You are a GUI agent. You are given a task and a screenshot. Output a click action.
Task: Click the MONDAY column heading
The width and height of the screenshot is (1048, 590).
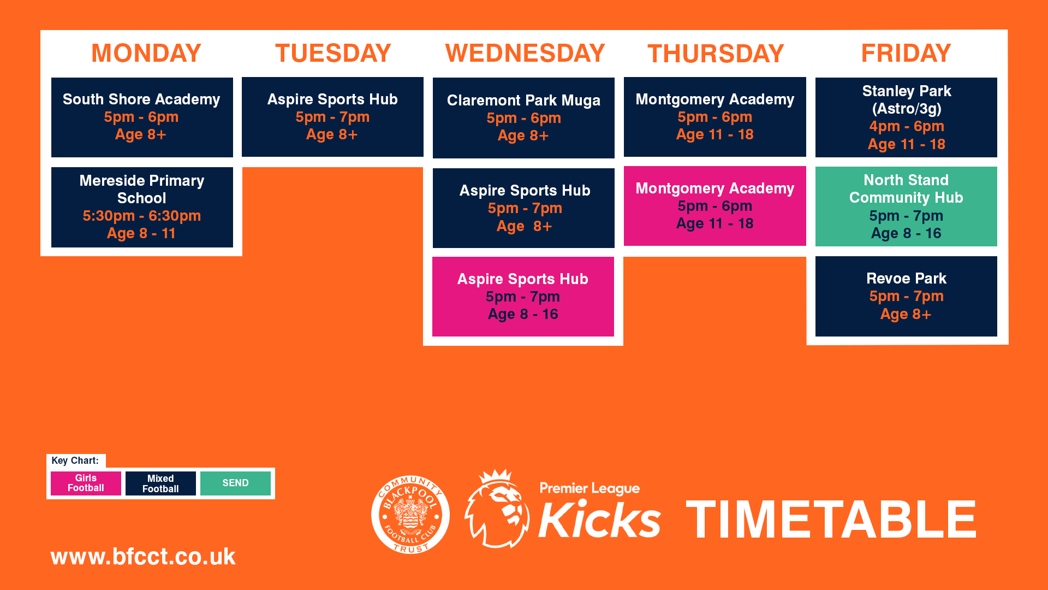(146, 53)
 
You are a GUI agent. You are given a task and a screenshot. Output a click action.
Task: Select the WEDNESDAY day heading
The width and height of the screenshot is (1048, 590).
(525, 53)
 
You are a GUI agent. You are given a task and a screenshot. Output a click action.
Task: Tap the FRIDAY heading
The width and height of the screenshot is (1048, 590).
(906, 53)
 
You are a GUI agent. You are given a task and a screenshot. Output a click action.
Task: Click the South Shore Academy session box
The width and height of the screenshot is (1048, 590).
(142, 117)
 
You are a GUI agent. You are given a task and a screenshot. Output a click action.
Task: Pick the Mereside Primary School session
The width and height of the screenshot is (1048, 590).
(142, 207)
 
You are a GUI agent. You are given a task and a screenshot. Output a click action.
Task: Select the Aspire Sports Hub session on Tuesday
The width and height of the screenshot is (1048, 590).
(332, 117)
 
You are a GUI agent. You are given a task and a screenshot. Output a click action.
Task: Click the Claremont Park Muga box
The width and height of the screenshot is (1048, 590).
(523, 117)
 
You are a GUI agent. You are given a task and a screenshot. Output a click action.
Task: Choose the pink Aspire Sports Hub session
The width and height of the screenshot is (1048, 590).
(523, 297)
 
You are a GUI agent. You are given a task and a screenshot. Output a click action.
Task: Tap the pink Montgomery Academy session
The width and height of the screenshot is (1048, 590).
(715, 206)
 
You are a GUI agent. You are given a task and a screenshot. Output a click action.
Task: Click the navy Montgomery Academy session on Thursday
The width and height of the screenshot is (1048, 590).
(715, 117)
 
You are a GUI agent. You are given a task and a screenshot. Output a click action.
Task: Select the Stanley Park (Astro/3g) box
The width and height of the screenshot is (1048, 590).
(906, 117)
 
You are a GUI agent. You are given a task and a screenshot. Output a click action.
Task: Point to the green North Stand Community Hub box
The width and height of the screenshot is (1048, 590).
(906, 206)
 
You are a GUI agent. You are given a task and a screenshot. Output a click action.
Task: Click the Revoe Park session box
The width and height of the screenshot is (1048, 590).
(906, 296)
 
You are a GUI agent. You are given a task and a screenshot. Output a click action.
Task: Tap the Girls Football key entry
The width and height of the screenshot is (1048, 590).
(86, 483)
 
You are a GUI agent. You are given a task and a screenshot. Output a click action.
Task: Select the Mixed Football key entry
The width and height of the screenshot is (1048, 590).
(160, 483)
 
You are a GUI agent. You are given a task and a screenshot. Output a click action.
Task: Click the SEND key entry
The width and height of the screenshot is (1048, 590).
(235, 483)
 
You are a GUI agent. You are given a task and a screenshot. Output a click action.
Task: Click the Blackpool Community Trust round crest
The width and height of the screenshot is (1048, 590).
(410, 514)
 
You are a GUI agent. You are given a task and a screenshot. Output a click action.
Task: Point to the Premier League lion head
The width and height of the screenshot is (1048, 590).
(497, 509)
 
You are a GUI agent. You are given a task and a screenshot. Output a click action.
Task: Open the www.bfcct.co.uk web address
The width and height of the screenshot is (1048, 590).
(143, 557)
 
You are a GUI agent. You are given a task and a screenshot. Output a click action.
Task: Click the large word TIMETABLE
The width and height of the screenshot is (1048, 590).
(831, 520)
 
